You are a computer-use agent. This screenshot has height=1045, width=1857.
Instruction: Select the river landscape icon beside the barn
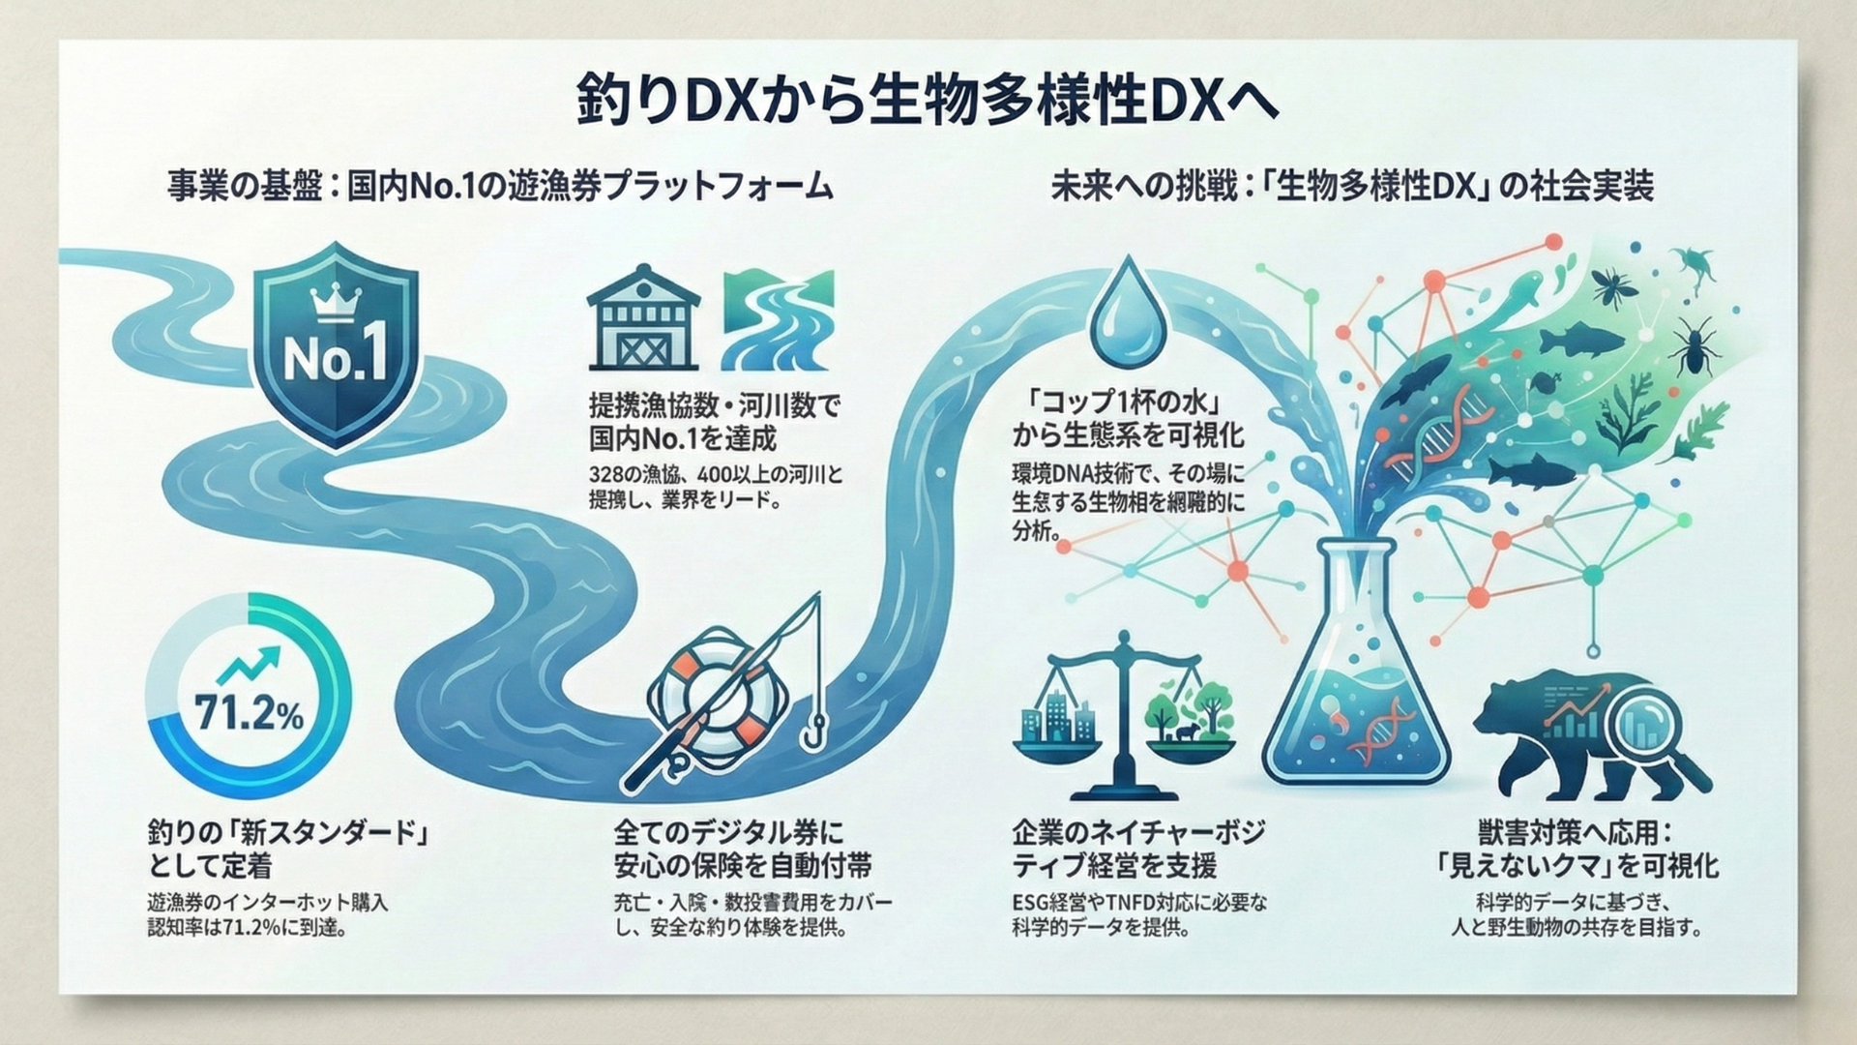pyautogui.click(x=778, y=319)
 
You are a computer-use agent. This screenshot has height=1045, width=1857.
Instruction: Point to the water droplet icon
pyautogui.click(x=1124, y=312)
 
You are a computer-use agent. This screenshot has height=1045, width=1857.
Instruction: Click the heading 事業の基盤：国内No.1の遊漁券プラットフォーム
pyautogui.click(x=500, y=186)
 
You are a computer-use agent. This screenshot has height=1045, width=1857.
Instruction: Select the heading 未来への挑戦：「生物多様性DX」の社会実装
pyautogui.click(x=1352, y=186)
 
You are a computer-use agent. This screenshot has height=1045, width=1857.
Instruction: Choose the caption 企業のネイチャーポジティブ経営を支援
pyautogui.click(x=1138, y=848)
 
